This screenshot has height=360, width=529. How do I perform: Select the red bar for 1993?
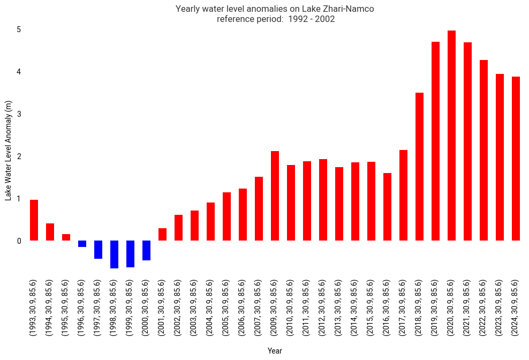click(x=34, y=220)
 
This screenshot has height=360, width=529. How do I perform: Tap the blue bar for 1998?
click(x=114, y=254)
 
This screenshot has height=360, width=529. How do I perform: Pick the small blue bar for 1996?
click(x=82, y=244)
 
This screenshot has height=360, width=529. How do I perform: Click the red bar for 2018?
click(x=419, y=167)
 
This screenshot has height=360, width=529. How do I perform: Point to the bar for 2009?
click(x=275, y=196)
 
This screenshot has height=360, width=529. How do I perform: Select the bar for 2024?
click(x=516, y=159)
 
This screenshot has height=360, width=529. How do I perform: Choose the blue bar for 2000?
click(x=146, y=251)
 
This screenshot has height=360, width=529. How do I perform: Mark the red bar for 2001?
click(x=162, y=235)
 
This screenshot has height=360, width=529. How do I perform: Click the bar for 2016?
click(x=387, y=207)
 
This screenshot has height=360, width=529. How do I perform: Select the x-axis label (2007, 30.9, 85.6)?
click(x=259, y=308)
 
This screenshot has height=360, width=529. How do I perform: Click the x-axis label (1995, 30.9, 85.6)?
click(x=66, y=308)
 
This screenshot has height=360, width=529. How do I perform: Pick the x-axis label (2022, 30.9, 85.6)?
click(x=483, y=308)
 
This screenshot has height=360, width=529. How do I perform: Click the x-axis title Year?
click(x=275, y=351)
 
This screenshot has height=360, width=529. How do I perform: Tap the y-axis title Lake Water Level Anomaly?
click(x=8, y=151)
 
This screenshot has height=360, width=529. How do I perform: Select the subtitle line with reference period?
click(x=275, y=19)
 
